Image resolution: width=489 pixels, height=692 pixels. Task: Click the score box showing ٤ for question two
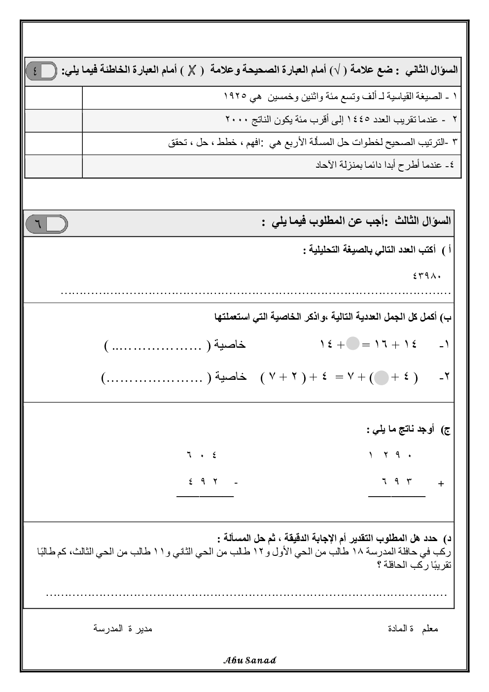[41, 71]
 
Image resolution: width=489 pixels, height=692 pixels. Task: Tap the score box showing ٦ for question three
[46, 224]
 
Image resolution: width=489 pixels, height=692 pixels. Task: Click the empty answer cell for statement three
[53, 143]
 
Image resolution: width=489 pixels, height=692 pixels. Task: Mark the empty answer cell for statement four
[53, 166]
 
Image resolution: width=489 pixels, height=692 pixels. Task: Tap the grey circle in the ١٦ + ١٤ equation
[352, 344]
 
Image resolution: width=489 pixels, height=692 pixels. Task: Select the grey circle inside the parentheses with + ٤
[382, 378]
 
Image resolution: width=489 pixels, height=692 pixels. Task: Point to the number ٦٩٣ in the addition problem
[396, 481]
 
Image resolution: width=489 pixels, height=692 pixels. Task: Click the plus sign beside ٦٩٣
[441, 484]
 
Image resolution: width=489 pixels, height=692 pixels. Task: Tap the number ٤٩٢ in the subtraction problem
[203, 481]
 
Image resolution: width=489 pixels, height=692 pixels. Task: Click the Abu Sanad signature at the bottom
[250, 660]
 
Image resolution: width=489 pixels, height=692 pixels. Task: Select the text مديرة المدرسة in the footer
[123, 629]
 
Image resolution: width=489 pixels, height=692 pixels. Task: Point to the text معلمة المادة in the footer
[413, 629]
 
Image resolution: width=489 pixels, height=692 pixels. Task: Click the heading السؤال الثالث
[422, 221]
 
